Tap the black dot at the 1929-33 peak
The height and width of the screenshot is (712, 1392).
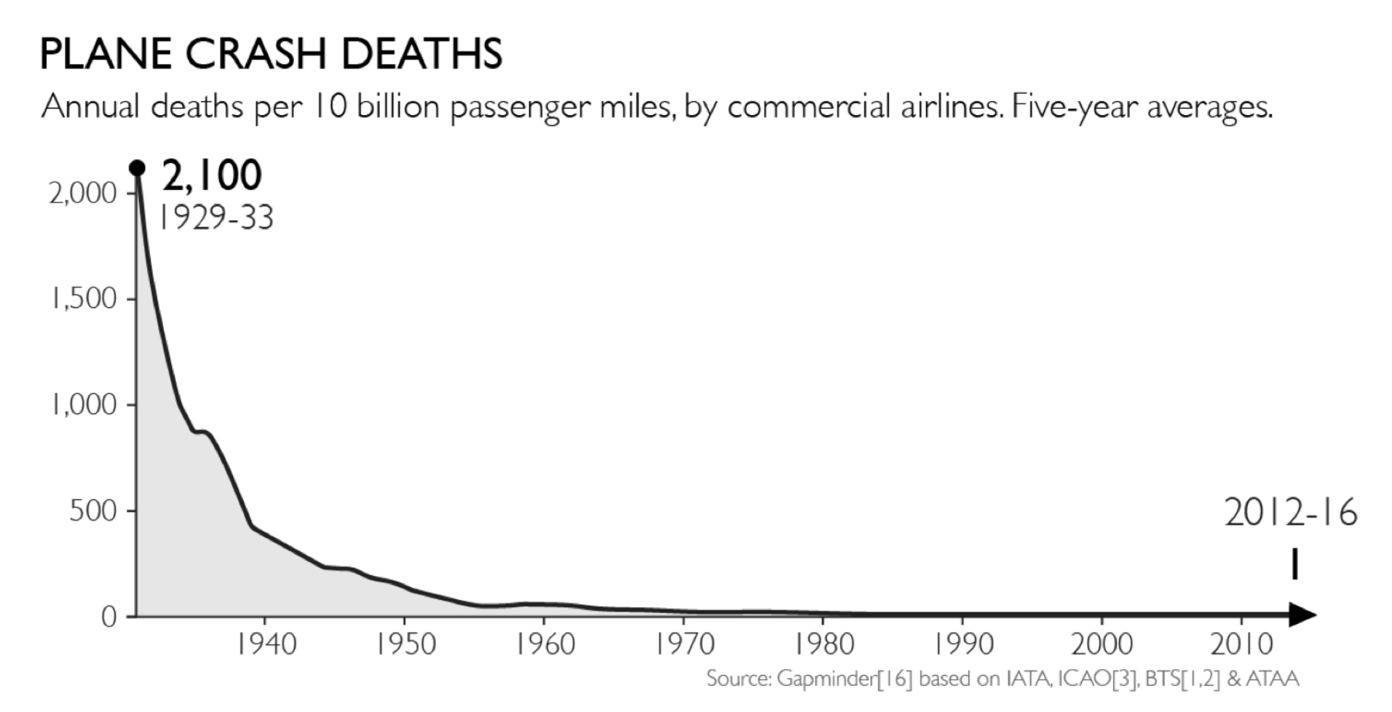tap(137, 168)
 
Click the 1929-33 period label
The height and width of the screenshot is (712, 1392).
tap(215, 217)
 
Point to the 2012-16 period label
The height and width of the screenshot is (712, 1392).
tap(1290, 513)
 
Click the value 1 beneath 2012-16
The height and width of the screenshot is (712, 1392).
tap(1294, 565)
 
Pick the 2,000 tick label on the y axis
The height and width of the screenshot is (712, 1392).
tap(82, 193)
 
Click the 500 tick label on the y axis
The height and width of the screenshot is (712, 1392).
tap(92, 510)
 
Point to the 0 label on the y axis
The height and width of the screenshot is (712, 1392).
tap(108, 617)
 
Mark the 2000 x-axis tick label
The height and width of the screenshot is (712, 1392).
tap(1102, 644)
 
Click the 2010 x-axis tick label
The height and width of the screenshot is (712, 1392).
tap(1241, 644)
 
